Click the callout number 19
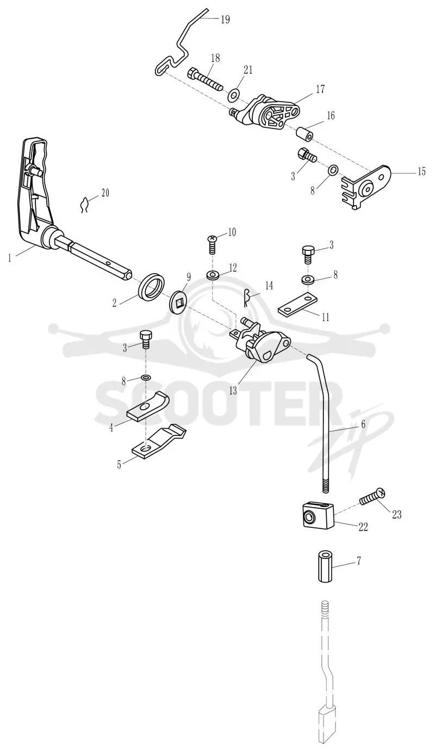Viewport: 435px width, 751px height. tap(225, 20)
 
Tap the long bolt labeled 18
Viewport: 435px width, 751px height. tap(206, 79)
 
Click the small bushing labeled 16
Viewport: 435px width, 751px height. tap(304, 133)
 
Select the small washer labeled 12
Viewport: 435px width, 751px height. tap(212, 275)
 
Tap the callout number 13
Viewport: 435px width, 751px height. tap(233, 390)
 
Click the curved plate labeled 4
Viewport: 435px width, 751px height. tap(148, 405)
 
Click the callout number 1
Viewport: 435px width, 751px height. tap(10, 258)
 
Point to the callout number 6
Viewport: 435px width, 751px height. tap(363, 424)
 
